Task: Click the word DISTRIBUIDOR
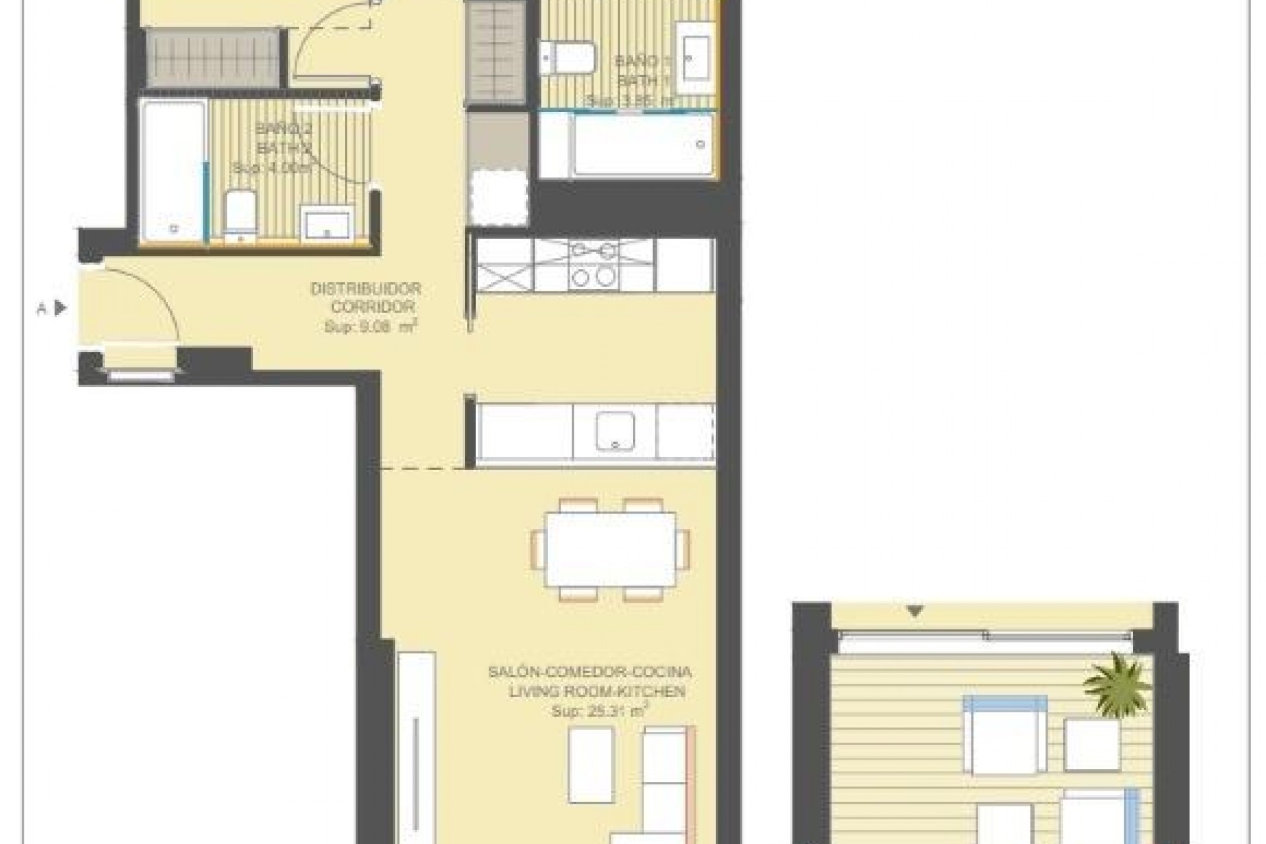pyautogui.click(x=365, y=289)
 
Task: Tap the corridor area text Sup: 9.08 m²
pyautogui.click(x=371, y=326)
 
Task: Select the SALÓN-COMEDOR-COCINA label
pyautogui.click(x=589, y=673)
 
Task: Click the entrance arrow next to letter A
pyautogui.click(x=61, y=308)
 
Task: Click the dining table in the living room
pyautogui.click(x=611, y=549)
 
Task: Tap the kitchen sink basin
pyautogui.click(x=615, y=431)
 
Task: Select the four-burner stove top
pyautogui.click(x=593, y=265)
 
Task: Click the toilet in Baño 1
pyautogui.click(x=568, y=57)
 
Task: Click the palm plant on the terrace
pyautogui.click(x=1118, y=686)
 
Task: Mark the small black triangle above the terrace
pyautogui.click(x=915, y=612)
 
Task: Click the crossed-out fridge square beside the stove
pyautogui.click(x=504, y=266)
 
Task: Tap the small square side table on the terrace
pyautogui.click(x=1092, y=744)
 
